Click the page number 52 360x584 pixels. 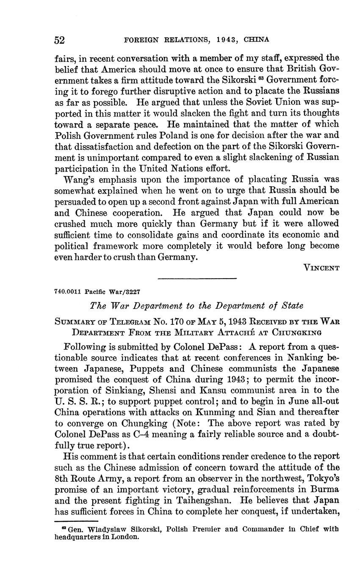59,40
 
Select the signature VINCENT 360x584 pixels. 321,268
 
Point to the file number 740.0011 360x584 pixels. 68,292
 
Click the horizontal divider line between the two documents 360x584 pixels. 197,278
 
